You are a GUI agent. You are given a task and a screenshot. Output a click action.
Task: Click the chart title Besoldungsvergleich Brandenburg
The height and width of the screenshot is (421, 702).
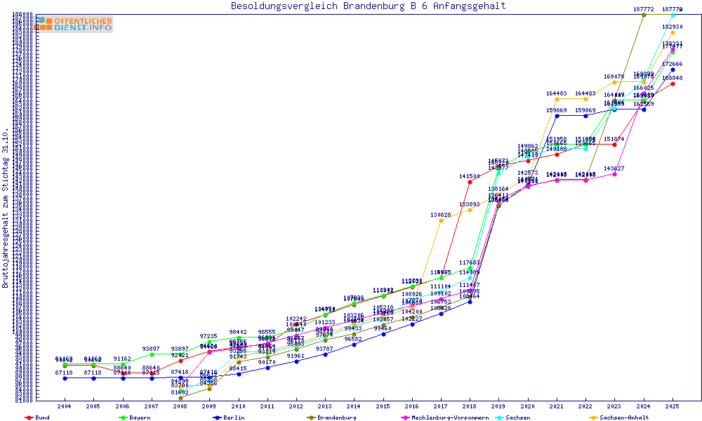click(x=368, y=6)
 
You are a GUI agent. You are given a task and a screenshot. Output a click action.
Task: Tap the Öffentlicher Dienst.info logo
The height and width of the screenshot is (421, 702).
click(x=74, y=24)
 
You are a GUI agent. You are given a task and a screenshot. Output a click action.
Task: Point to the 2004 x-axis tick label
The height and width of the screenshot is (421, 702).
click(x=65, y=406)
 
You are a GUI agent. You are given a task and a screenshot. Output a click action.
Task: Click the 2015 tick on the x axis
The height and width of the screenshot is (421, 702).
click(x=383, y=406)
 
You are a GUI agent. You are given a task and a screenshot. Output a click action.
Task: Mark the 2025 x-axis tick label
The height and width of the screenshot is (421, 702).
click(x=673, y=406)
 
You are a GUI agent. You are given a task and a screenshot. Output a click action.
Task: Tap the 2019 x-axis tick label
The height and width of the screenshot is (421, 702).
click(x=498, y=406)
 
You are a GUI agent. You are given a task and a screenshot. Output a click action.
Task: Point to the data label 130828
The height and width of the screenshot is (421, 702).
click(x=441, y=214)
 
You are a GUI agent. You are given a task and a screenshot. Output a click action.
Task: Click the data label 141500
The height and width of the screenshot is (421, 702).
click(x=470, y=176)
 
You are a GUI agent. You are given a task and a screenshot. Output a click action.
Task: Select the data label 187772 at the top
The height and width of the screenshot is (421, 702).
click(x=644, y=9)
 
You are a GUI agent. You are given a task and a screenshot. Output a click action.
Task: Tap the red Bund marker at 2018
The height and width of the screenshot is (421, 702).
click(x=470, y=182)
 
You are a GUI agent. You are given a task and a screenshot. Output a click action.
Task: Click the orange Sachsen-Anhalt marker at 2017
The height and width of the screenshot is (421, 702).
click(x=441, y=220)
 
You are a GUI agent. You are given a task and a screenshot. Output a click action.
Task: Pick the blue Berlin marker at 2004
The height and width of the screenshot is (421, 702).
click(x=65, y=378)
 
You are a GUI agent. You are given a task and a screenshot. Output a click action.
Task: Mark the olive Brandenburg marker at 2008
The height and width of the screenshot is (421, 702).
click(x=180, y=398)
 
